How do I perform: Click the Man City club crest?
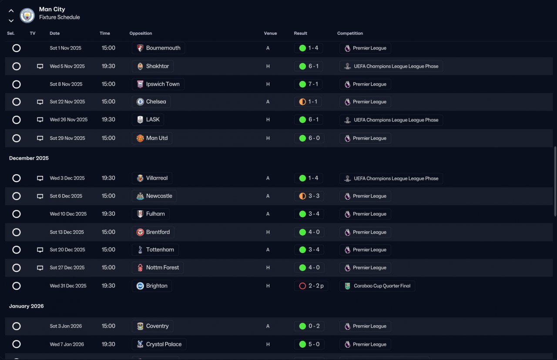27,15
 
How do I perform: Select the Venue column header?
270,33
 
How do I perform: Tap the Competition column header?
350,33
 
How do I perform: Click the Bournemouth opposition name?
163,48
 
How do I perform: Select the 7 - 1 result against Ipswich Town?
313,84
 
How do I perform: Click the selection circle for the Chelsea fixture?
17,102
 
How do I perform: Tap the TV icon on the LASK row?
40,120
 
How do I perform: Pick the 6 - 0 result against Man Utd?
314,138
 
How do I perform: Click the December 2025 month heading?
29,158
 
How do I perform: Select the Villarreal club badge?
140,178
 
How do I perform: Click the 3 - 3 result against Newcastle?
314,196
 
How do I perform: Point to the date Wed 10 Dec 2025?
68,214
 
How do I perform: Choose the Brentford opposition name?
158,232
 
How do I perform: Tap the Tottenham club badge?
140,249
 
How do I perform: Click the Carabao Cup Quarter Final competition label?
382,286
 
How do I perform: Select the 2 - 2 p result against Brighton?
316,286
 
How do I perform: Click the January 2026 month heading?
27,306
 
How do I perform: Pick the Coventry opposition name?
158,326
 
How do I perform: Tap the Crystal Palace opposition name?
164,344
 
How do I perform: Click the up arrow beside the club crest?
11,11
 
